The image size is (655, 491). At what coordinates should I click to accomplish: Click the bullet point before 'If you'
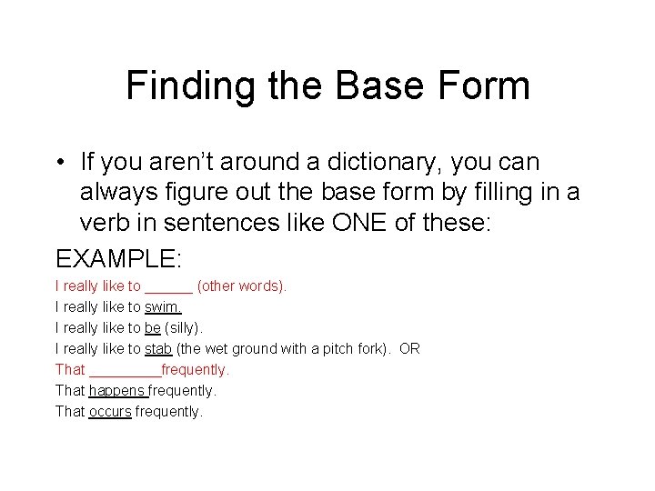point(60,164)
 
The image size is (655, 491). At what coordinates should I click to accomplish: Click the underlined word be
point(152,327)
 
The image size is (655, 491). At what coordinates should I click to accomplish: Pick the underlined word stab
point(158,348)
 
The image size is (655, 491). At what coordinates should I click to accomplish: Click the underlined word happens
point(117,390)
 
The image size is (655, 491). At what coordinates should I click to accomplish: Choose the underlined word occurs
point(110,411)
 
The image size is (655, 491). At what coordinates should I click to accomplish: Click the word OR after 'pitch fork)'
point(409,348)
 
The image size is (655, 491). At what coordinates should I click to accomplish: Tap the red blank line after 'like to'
point(168,287)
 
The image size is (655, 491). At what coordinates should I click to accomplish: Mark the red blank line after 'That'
point(125,371)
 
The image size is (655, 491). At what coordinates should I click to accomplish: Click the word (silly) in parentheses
point(186,327)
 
